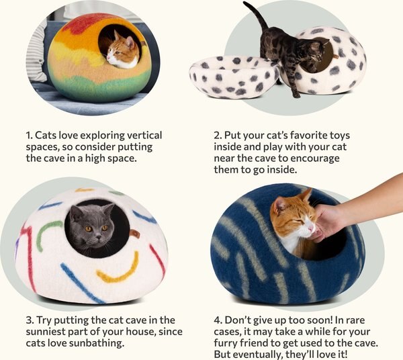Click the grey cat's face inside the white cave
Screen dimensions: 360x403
pyautogui.click(x=97, y=230)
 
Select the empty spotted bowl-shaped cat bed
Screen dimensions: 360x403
pyautogui.click(x=232, y=77)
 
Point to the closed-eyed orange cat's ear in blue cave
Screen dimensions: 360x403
pyautogui.click(x=305, y=195)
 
